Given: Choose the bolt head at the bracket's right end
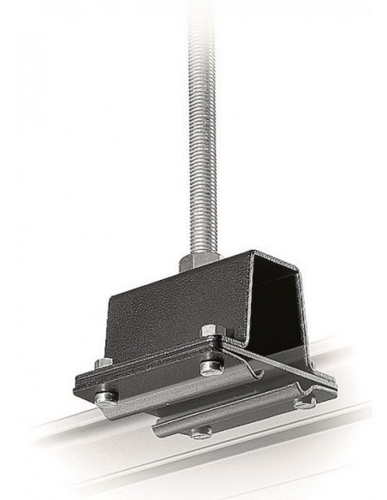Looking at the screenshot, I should point(306,402).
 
